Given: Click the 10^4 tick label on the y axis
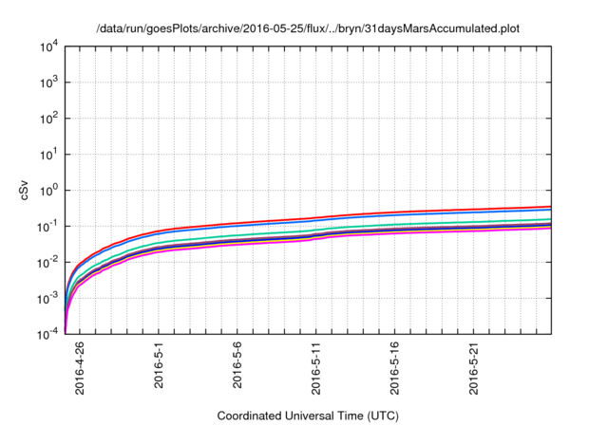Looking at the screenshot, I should tap(49, 46).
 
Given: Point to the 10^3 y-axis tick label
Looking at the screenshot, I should tap(49, 83).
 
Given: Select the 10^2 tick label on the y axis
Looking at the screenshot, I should tap(49, 119).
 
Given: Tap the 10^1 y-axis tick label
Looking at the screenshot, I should tap(49, 155).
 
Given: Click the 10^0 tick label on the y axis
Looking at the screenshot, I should tap(49, 191).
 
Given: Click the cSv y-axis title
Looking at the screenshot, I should tap(25, 191).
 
